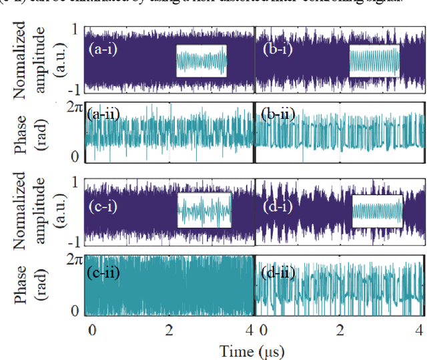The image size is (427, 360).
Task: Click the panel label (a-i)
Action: click(103, 49)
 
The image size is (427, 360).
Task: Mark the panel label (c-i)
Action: click(103, 207)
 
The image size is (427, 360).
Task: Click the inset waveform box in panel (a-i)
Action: click(201, 61)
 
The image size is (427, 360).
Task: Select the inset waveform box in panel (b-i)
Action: click(374, 61)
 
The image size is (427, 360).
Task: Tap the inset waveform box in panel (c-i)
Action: click(204, 210)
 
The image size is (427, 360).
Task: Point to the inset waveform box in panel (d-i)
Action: click(378, 210)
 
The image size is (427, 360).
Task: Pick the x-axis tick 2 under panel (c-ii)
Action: click(171, 329)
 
